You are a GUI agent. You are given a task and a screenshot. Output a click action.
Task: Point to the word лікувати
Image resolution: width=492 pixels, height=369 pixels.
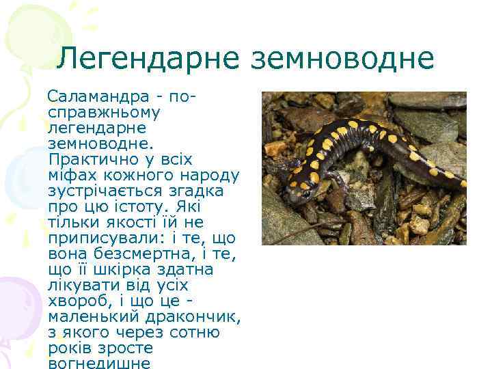coord(87,285)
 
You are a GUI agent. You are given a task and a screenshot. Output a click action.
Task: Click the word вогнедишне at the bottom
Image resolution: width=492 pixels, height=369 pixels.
coord(100,363)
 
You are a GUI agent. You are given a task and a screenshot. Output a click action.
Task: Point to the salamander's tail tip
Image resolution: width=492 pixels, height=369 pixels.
coord(464,184)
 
